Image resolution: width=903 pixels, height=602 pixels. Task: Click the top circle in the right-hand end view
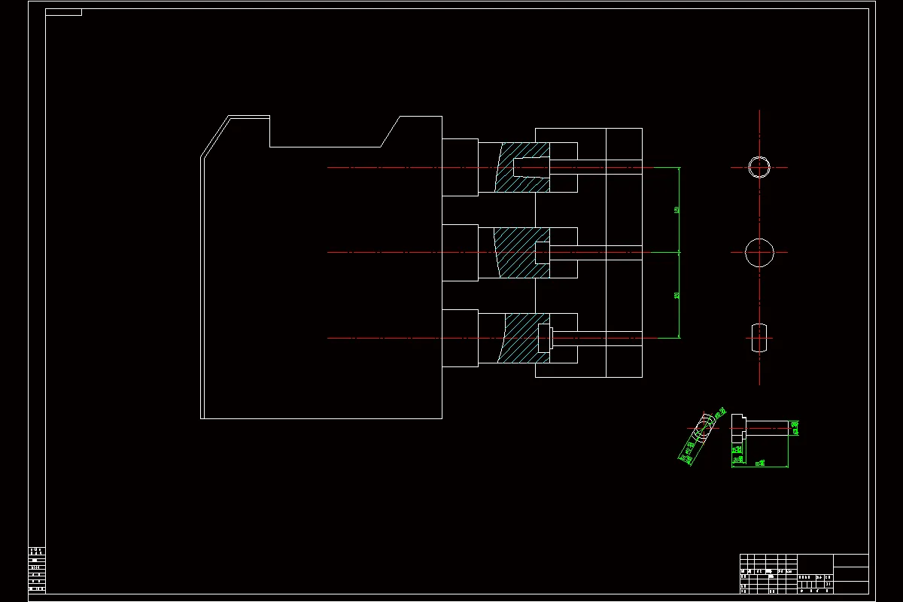[x=759, y=167]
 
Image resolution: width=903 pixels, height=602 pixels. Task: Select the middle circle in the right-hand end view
[x=759, y=252]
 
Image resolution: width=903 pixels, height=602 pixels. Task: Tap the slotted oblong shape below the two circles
[x=759, y=338]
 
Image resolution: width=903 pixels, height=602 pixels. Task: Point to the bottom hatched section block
[x=519, y=338]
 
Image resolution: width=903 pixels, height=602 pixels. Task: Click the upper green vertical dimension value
[x=677, y=210]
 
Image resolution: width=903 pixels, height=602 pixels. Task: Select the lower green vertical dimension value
[x=677, y=295]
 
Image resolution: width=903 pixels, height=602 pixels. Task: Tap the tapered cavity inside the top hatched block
[x=531, y=167]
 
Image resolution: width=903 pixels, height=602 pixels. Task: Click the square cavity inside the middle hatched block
[x=542, y=252]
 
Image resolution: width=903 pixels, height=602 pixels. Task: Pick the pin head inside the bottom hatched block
[x=546, y=338]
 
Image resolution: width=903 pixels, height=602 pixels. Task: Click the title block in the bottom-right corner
[x=804, y=573]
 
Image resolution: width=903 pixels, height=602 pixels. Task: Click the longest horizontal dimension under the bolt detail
[x=759, y=464]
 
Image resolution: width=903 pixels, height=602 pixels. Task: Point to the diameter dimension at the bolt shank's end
[x=795, y=428]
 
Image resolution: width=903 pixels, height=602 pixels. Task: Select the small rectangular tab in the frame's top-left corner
[x=63, y=12]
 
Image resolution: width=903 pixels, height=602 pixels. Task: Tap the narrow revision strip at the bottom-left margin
[x=37, y=570]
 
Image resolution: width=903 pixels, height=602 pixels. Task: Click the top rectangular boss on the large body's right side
[x=460, y=167]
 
